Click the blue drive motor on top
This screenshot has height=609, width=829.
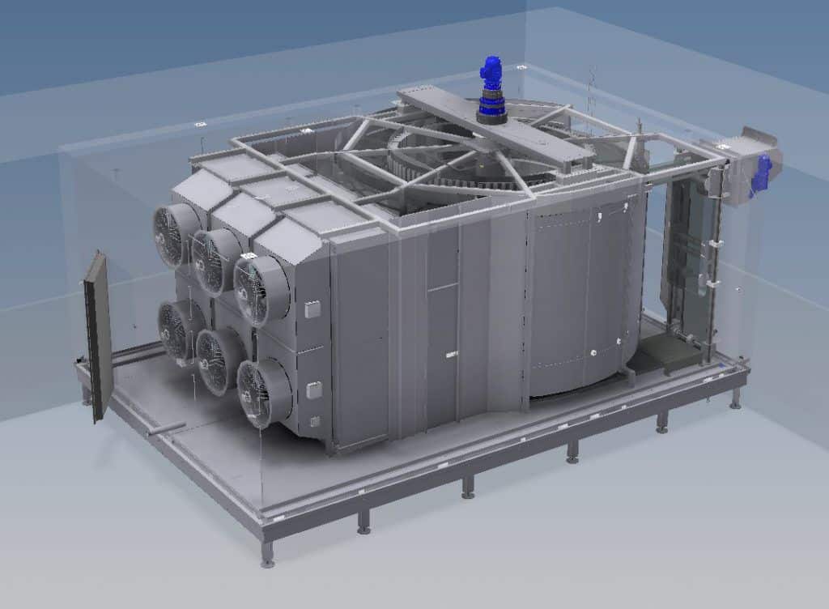coord(491,86)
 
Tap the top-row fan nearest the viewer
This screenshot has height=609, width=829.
coord(261,280)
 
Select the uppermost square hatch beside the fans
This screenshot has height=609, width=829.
coord(313,309)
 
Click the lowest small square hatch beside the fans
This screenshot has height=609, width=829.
coord(314,420)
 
